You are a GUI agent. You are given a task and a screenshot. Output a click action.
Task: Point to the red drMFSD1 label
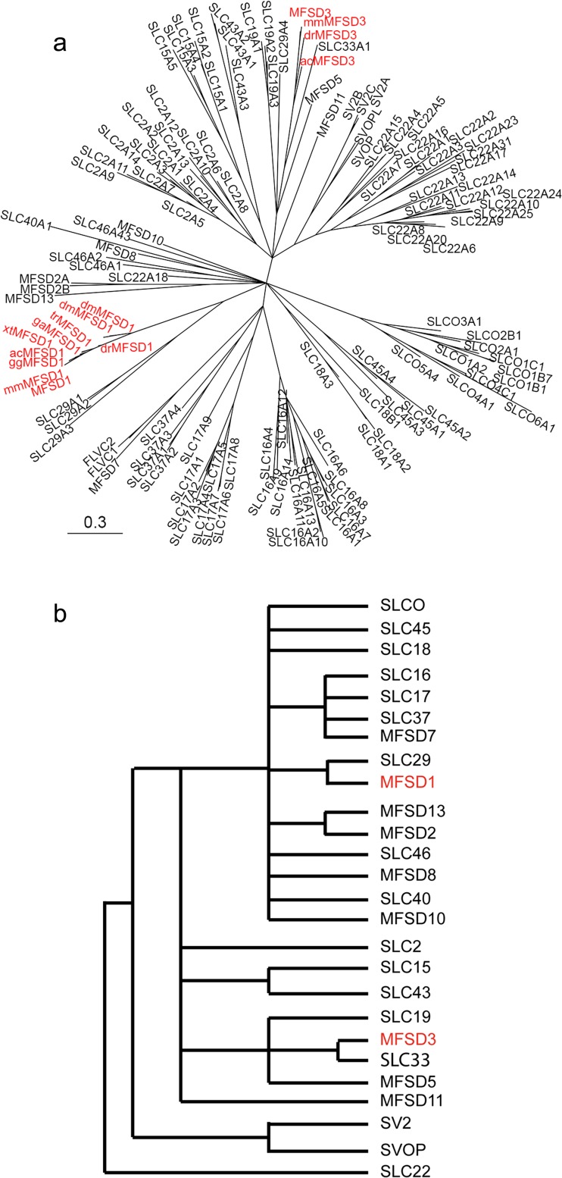126,347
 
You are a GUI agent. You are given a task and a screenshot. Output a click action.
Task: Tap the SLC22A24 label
532,194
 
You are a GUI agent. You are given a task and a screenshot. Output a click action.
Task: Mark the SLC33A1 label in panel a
342,46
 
